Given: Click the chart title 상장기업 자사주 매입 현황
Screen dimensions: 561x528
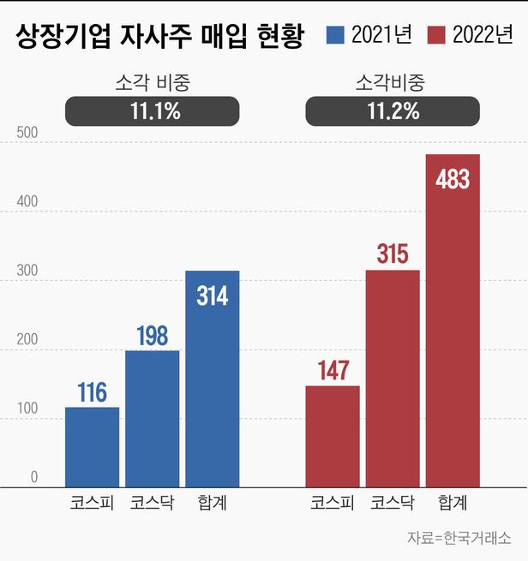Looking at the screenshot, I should tap(159, 37).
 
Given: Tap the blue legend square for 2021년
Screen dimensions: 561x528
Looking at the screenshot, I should tap(335, 36).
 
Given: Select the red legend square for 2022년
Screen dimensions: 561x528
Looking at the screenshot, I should tap(435, 36).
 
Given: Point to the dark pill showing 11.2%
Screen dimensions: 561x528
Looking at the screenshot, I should tap(393, 111).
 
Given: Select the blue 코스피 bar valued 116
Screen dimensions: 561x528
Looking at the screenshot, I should tap(92, 447).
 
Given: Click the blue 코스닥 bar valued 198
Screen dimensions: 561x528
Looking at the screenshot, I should tap(153, 419).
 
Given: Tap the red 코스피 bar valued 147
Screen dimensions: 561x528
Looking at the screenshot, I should tap(333, 436).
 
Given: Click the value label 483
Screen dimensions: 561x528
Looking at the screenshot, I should tap(453, 180).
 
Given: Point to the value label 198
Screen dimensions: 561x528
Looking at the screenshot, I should tap(153, 337).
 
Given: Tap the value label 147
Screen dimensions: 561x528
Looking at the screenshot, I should tap(333, 372).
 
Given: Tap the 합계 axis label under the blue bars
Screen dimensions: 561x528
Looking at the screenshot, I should tap(213, 503).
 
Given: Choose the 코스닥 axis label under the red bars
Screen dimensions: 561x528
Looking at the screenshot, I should tap(393, 503).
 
